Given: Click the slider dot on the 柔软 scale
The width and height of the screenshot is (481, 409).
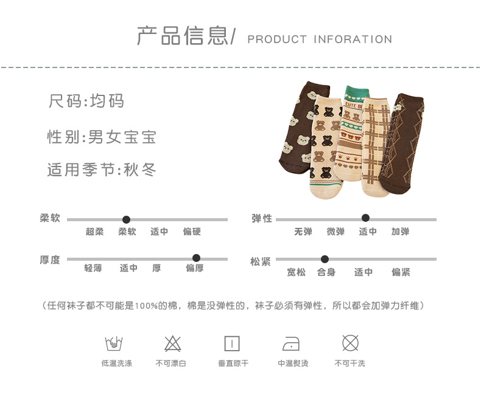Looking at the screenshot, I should tap(126, 219).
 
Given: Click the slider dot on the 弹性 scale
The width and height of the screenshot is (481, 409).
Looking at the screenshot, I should tap(365, 218).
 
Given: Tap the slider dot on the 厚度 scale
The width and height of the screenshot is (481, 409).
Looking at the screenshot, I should tap(196, 258).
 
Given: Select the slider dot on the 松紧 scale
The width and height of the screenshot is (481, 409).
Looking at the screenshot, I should tap(325, 259).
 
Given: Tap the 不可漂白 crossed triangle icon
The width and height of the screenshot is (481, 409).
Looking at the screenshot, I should tap(172, 343).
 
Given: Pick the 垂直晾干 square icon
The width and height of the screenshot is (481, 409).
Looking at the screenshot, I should tap(232, 343).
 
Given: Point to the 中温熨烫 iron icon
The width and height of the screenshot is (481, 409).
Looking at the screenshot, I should tap(291, 344).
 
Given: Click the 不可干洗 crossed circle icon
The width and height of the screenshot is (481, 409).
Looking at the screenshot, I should tap(350, 343).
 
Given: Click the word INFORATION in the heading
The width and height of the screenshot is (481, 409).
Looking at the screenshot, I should tap(353, 40).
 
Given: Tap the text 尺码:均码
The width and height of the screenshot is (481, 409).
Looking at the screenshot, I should tap(86, 101).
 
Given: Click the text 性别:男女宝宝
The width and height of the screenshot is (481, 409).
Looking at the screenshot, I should tap(102, 137).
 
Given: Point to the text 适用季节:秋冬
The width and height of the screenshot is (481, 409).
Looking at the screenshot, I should tap(102, 170).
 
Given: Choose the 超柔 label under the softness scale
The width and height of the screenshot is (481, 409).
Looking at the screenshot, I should tap(94, 232).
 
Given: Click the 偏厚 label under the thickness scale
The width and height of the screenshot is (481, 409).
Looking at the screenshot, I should tap(195, 268).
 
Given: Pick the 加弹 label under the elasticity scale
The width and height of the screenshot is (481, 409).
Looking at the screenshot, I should tap(400, 232).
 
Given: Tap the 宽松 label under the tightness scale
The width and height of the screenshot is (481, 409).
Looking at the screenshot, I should tap(297, 272).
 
